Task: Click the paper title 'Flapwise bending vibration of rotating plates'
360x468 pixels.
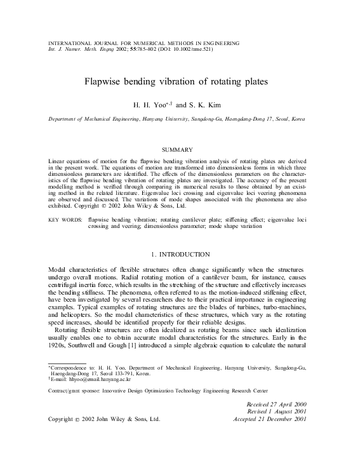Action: pyautogui.click(x=180, y=81)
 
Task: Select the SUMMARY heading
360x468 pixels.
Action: pyautogui.click(x=180, y=149)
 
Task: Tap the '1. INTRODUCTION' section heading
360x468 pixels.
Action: pyautogui.click(x=180, y=255)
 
